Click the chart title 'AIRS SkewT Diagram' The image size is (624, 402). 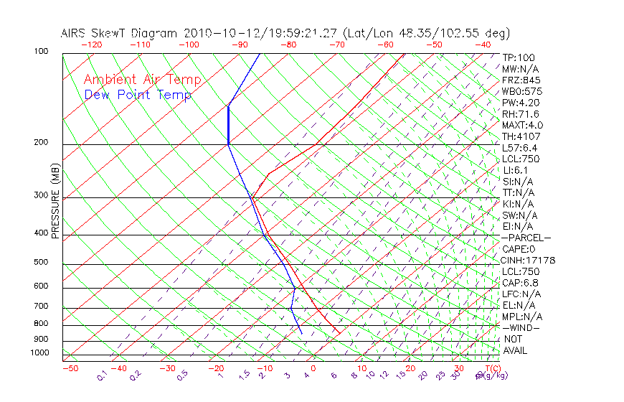pyautogui.click(x=120, y=33)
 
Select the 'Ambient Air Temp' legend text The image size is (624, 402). pyautogui.click(x=143, y=80)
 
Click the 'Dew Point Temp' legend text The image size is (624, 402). pyautogui.click(x=138, y=95)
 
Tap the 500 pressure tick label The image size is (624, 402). pyautogui.click(x=40, y=262)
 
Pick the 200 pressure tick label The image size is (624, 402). pyautogui.click(x=40, y=142)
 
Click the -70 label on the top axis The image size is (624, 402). pyautogui.click(x=336, y=45)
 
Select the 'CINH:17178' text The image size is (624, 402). pyautogui.click(x=529, y=260)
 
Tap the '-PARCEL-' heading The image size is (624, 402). pyautogui.click(x=526, y=238)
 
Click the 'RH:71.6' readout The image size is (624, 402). pyautogui.click(x=520, y=114)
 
